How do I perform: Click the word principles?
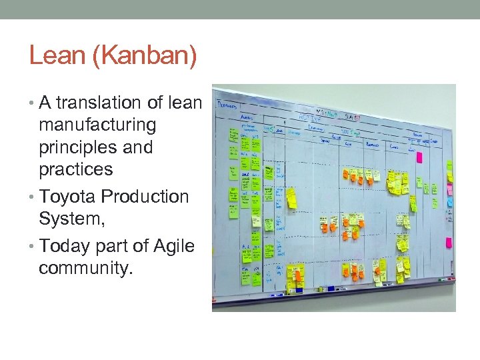[x=78, y=147]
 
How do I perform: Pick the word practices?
[x=76, y=169]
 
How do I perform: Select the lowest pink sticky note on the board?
[x=449, y=243]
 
